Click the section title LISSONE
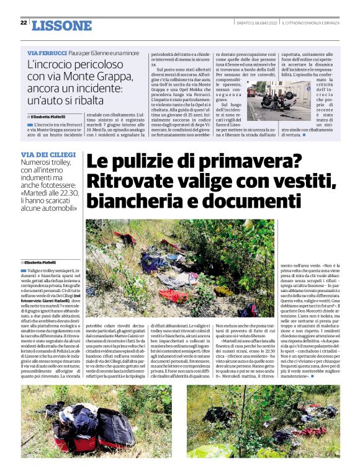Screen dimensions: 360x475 click(61, 25)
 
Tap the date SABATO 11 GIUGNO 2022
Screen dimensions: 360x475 click(253, 22)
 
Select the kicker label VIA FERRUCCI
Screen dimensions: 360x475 click(45, 54)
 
